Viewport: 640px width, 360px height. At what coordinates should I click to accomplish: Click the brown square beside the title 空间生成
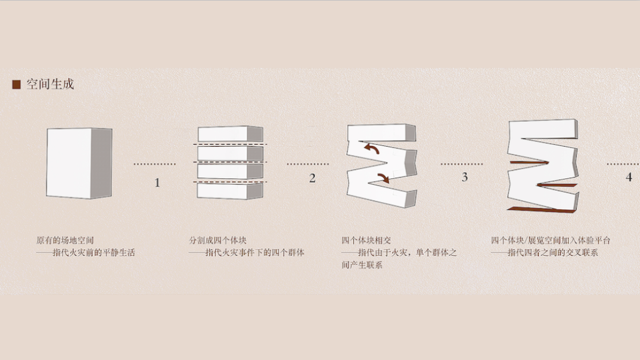[x=16, y=85]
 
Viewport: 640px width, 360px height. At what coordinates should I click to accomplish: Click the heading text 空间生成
[x=50, y=85]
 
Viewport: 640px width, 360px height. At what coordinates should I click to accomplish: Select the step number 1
[x=157, y=182]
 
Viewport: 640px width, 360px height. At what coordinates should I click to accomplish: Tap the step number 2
[x=312, y=178]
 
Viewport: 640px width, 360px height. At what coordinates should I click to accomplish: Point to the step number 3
[x=465, y=177]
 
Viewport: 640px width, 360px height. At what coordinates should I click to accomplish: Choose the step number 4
[x=629, y=178]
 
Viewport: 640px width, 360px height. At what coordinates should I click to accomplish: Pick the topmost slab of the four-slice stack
[x=229, y=135]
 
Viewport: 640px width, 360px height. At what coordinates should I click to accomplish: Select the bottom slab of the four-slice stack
[x=229, y=192]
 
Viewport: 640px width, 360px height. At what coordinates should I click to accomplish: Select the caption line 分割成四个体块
[x=218, y=240]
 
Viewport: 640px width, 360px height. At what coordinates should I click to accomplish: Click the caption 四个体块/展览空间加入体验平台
[x=551, y=240]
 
